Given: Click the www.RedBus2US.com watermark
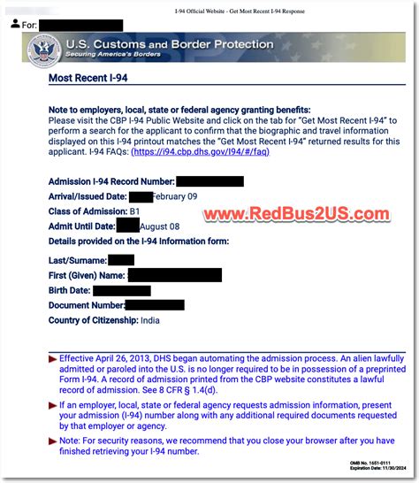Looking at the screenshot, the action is point(297,215).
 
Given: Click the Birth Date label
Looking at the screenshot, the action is point(69,290).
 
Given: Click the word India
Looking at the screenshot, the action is point(152,319).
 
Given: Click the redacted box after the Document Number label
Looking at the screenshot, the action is point(154,305).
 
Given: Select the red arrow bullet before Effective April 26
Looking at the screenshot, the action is point(52,357).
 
